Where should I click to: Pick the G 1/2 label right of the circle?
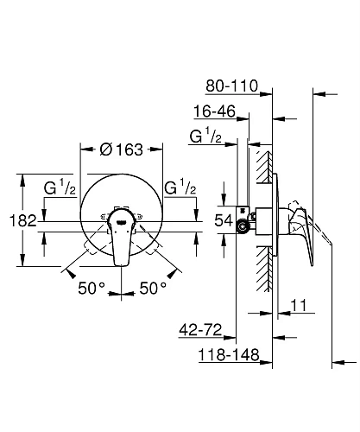tap(180, 186)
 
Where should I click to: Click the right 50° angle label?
tap(152, 288)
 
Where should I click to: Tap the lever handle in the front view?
tap(122, 241)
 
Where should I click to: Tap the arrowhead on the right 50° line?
tap(177, 275)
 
